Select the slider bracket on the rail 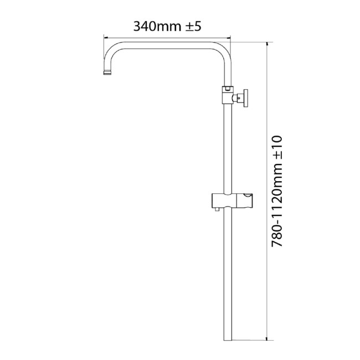click(x=233, y=202)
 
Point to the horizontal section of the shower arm click(x=166, y=44)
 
